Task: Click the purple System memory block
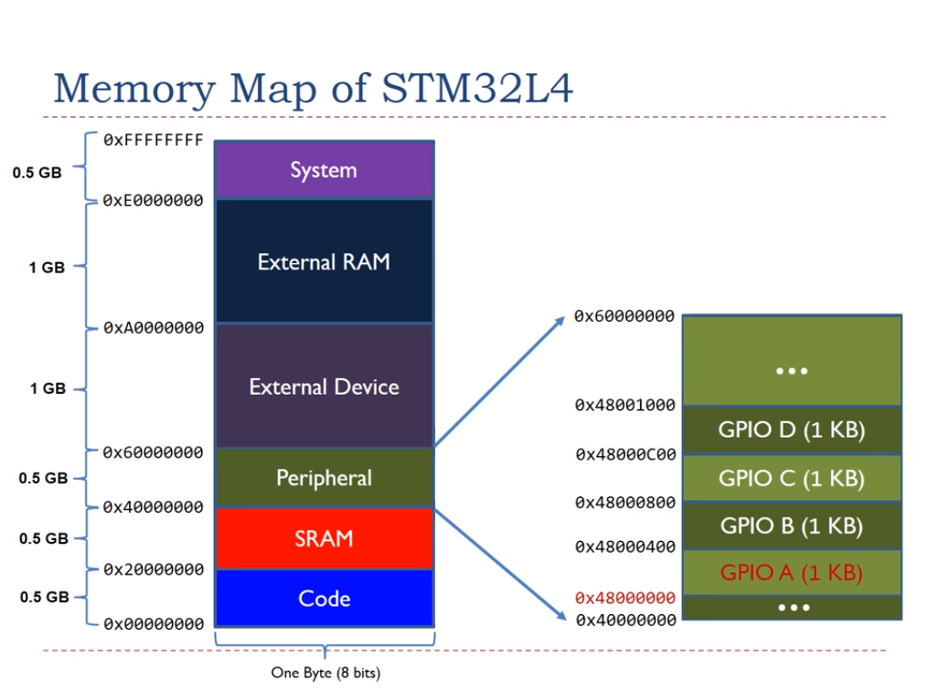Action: click(x=324, y=170)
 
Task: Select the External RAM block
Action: click(x=324, y=261)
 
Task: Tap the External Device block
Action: click(x=324, y=387)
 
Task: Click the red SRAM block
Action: click(x=324, y=538)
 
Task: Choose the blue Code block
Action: click(x=324, y=599)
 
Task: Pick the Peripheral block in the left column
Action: click(x=324, y=478)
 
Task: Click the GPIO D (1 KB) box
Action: click(x=792, y=430)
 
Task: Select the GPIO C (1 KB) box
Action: click(x=792, y=478)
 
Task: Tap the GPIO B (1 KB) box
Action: click(x=792, y=525)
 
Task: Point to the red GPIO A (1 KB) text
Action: click(x=792, y=573)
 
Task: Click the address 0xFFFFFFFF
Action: click(x=153, y=141)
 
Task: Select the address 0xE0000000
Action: click(x=153, y=200)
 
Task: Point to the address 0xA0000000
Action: click(x=153, y=327)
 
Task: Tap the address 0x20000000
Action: click(x=153, y=569)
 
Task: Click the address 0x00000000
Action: click(x=153, y=625)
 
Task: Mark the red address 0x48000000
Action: click(x=624, y=598)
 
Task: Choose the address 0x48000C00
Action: click(x=624, y=454)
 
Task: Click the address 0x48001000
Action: click(x=624, y=405)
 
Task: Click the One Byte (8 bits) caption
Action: click(x=325, y=673)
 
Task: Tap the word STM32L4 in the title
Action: click(x=477, y=90)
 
